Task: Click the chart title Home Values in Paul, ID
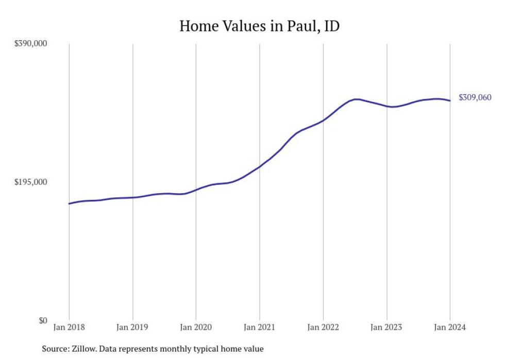pos(259,26)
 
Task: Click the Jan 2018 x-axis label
pos(69,328)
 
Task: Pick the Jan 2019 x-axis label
pos(132,328)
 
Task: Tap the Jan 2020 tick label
pos(196,328)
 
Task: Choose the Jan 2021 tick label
pos(259,328)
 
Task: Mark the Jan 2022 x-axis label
pos(323,328)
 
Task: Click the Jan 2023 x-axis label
pos(386,328)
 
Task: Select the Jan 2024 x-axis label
pos(450,328)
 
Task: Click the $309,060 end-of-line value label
pos(475,98)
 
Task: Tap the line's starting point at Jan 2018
pos(69,204)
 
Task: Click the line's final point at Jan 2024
pos(450,100)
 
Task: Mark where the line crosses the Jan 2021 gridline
pos(259,166)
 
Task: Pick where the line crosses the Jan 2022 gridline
pos(323,121)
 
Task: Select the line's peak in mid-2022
pos(356,99)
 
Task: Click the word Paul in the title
pos(296,26)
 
